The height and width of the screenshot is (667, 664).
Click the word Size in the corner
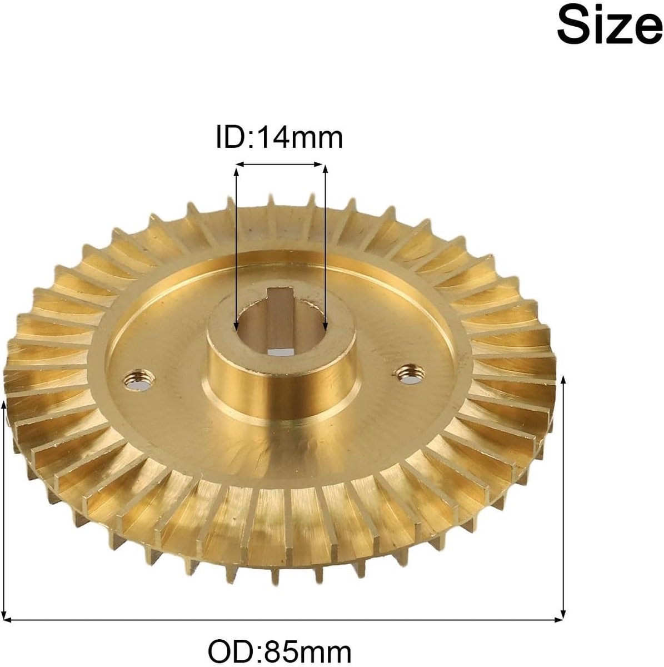point(610,27)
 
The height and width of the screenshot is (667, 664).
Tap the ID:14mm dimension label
point(279,138)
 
